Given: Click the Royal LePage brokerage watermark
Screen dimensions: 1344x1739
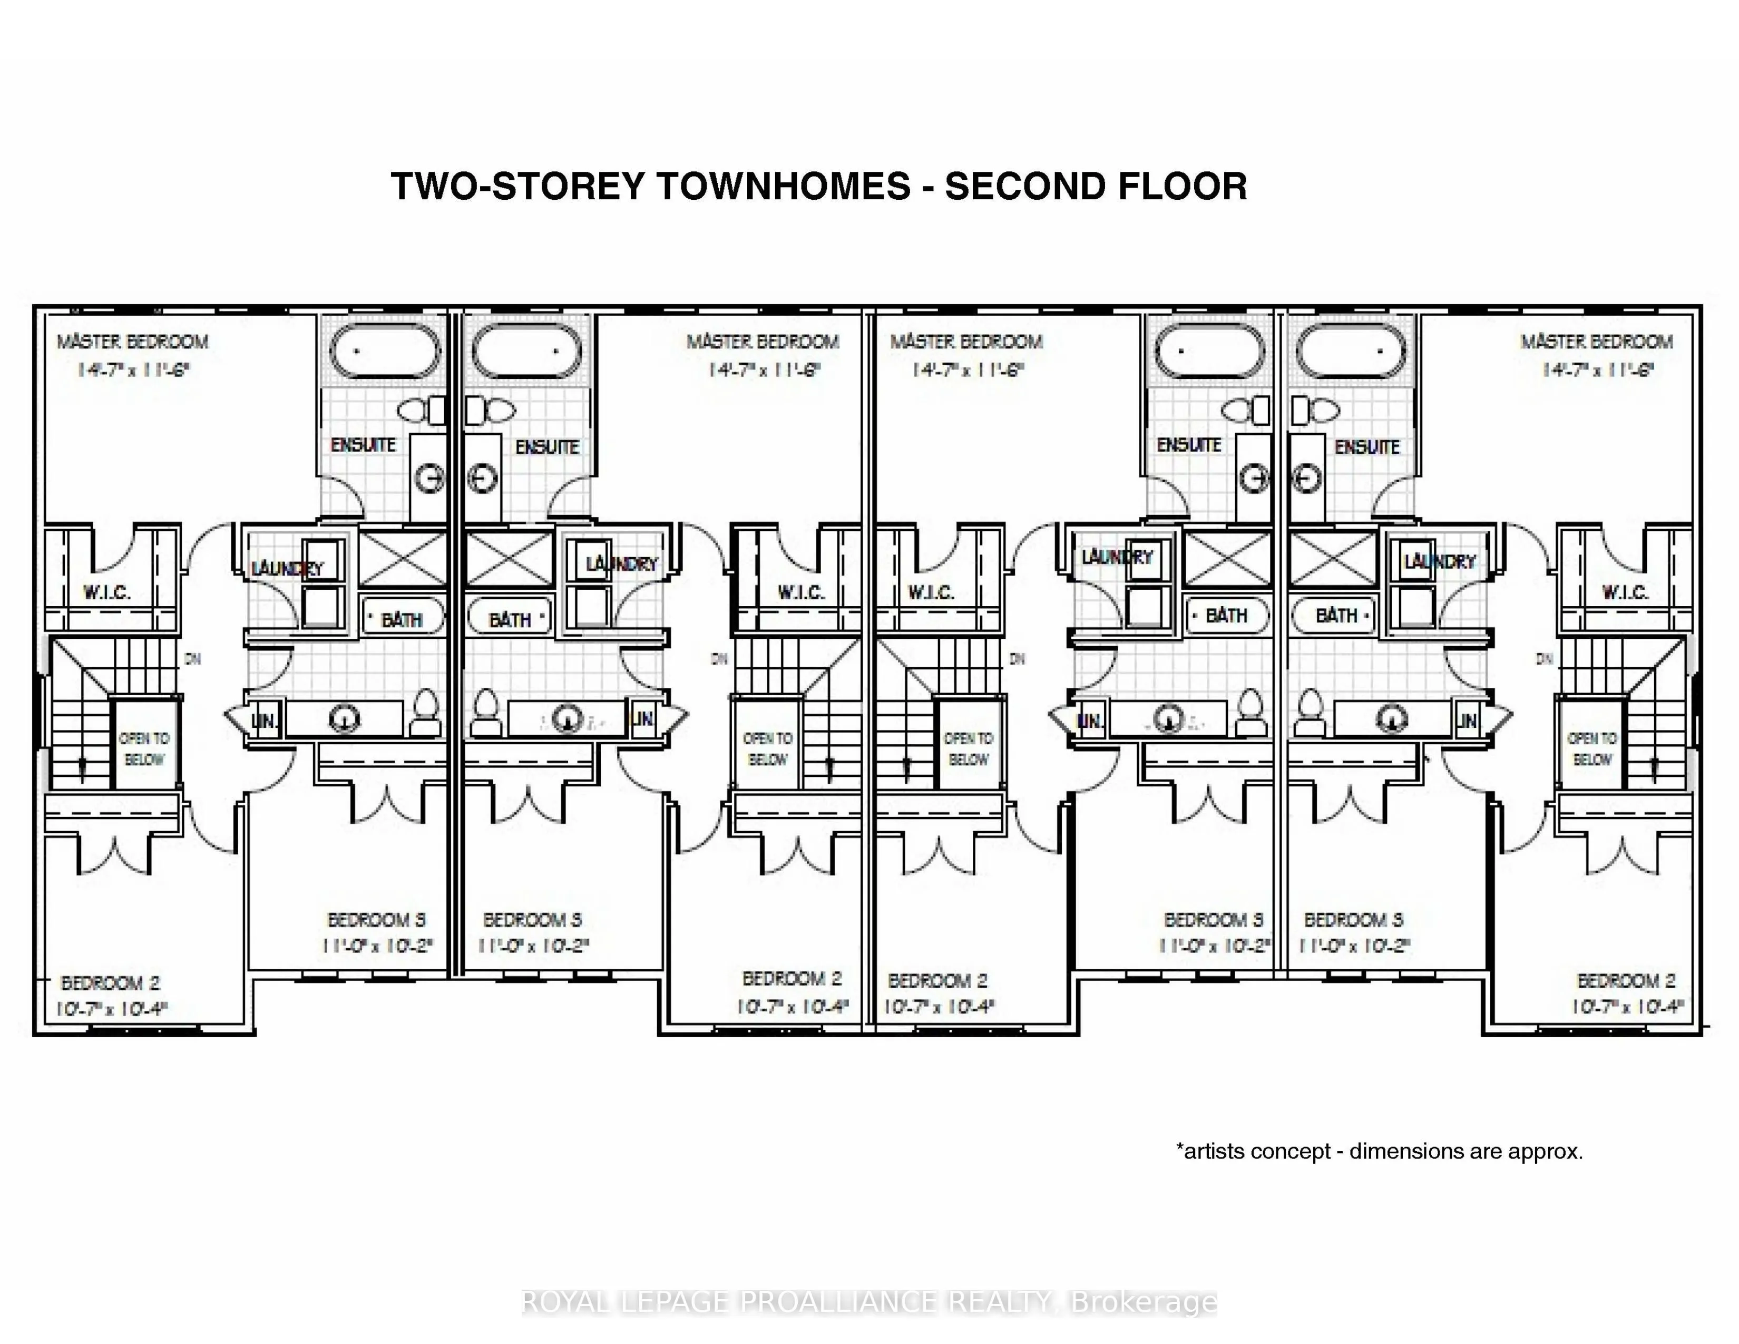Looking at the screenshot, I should (x=868, y=1302).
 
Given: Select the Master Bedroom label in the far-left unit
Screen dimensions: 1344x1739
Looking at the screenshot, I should (x=132, y=342).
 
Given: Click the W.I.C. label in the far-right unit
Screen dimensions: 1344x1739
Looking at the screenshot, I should (x=1624, y=592).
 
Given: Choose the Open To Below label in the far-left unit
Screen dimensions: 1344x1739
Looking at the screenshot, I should (x=144, y=748).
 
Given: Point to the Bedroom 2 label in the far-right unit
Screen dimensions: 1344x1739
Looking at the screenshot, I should (x=1626, y=980).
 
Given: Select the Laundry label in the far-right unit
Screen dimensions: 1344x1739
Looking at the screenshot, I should (x=1440, y=561).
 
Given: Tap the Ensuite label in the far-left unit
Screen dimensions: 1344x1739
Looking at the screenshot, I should (x=363, y=445).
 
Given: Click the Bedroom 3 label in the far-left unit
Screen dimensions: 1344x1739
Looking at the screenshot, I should (x=377, y=920).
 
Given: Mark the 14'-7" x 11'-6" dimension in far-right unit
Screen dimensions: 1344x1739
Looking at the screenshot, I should (x=1597, y=370).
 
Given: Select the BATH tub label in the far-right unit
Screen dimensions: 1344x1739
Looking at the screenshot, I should (x=1336, y=616).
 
